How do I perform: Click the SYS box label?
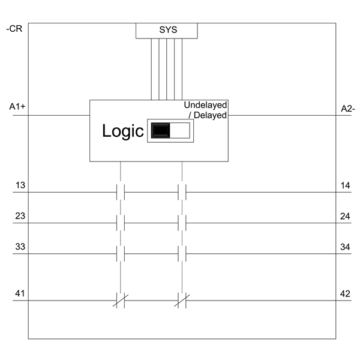(168, 30)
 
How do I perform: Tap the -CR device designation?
(14, 29)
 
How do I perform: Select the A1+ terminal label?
(17, 107)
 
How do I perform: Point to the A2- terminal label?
(348, 109)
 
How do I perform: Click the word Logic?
(123, 131)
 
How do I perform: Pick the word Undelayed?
(205, 105)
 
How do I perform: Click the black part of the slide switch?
(161, 130)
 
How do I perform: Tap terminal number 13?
(20, 185)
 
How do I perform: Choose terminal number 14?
(346, 185)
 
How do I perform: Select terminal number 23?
(20, 216)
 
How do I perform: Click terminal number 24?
(345, 216)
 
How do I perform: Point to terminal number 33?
(20, 247)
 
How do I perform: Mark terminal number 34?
(345, 247)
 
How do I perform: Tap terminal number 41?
(20, 293)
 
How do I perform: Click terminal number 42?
(345, 294)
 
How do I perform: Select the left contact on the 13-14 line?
(121, 192)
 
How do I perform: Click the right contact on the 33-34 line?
(182, 254)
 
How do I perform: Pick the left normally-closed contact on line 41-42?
(121, 301)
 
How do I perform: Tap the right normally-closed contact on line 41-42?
(182, 301)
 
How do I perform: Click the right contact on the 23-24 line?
(182, 223)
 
